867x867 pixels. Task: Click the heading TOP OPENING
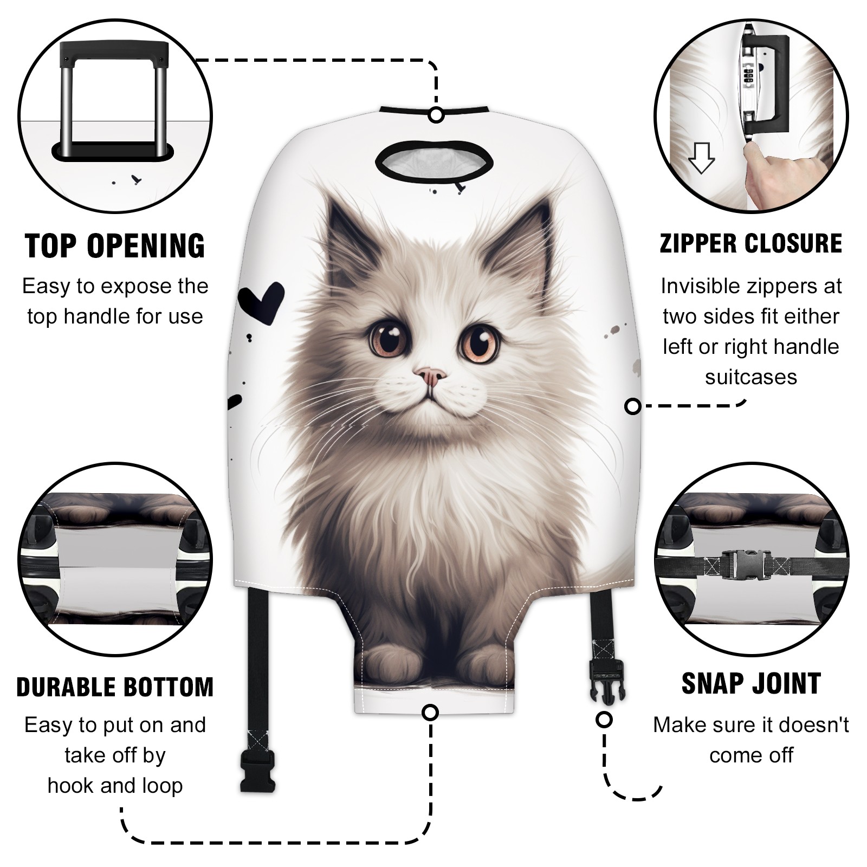click(115, 245)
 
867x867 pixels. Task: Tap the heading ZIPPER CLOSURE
click(750, 243)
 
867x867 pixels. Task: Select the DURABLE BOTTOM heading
click(115, 687)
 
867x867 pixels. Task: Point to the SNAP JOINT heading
click(751, 683)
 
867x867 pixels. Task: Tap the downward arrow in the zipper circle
click(701, 157)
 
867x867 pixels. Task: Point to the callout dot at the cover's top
click(436, 115)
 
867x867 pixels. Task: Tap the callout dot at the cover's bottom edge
click(430, 712)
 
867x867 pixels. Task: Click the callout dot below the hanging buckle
click(604, 720)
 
